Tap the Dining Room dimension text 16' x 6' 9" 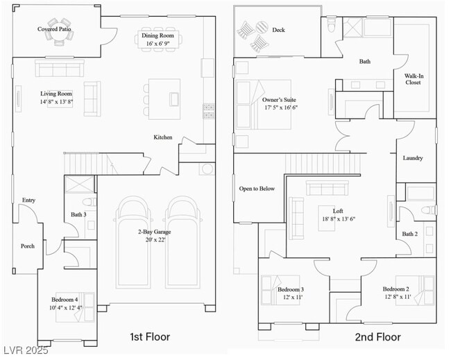160,44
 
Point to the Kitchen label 163,137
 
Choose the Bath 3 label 78,215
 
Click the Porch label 27,246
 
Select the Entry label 28,200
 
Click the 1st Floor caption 150,337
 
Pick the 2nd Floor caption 378,337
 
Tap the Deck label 278,30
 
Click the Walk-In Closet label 414,78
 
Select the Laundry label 413,158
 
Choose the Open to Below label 257,189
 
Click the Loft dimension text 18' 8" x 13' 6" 339,219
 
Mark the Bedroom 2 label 396,289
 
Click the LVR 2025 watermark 25,351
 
